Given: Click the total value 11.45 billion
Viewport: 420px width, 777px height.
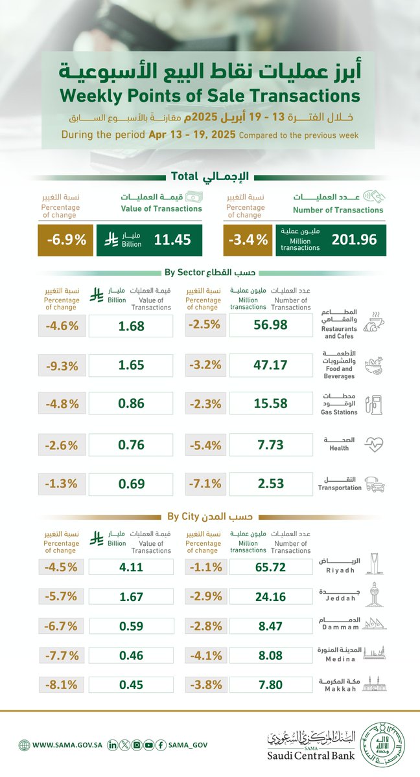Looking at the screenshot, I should pos(172,240).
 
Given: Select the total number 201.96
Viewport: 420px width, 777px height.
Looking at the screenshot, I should pos(353,240).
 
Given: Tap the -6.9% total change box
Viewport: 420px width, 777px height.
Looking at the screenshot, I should pos(66,240).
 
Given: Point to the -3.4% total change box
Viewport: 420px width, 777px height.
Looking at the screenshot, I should pos(247,240).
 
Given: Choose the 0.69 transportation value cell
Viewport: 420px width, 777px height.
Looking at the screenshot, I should pos(130,484).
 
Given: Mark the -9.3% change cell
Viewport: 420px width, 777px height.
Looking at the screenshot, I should pos(62,366).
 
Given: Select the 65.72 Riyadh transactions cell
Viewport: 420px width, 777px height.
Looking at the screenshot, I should pos(271,565).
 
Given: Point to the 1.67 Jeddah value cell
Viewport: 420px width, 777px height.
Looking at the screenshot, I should pos(130,597).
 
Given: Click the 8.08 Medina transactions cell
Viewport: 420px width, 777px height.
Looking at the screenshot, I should pos(271,655).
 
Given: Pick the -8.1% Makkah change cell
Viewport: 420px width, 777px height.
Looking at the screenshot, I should pos(62,684).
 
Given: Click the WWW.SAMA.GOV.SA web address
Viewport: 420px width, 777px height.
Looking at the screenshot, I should pos(64,745).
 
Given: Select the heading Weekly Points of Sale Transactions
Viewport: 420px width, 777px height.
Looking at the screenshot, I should pos(210,96).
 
